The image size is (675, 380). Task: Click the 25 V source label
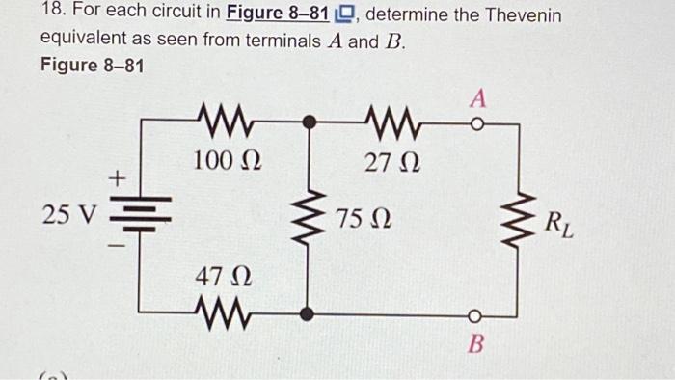click(x=68, y=215)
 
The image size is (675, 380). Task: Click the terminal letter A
click(x=478, y=98)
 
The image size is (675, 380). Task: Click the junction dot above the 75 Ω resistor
click(x=308, y=122)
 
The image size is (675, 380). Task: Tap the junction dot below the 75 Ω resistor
click(x=308, y=313)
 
